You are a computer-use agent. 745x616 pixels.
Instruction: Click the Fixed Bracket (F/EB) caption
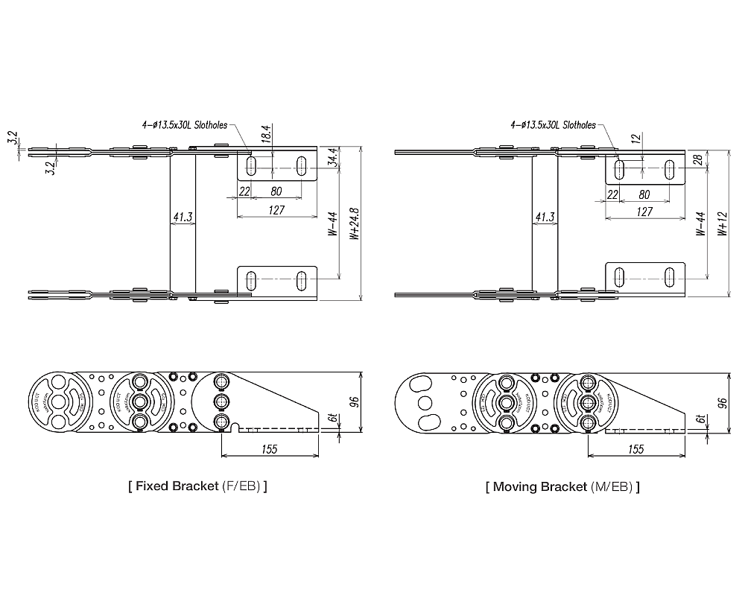pyautogui.click(x=197, y=487)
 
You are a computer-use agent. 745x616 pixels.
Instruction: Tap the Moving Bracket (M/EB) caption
pyautogui.click(x=562, y=487)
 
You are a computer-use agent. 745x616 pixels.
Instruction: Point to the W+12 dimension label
pyautogui.click(x=721, y=224)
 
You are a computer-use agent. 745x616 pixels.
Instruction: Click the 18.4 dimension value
pyautogui.click(x=266, y=135)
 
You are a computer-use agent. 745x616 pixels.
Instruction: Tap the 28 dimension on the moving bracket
pyautogui.click(x=697, y=159)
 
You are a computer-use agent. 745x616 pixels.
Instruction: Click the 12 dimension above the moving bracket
pyautogui.click(x=635, y=139)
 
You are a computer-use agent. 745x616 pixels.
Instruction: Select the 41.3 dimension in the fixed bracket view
pyautogui.click(x=183, y=217)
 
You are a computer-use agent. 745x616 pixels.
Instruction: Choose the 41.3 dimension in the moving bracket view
pyautogui.click(x=545, y=217)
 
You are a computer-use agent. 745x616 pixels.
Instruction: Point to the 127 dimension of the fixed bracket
pyautogui.click(x=276, y=211)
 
